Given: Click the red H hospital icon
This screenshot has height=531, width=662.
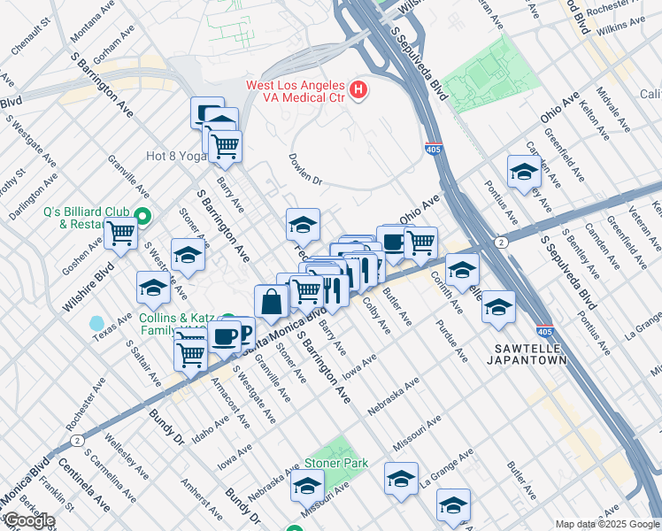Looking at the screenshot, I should click(x=358, y=89).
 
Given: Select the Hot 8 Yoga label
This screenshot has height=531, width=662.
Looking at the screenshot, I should click(x=175, y=156).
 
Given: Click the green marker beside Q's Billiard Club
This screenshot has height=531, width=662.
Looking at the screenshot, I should click(x=142, y=215).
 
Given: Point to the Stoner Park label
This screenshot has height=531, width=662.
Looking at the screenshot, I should click(x=335, y=463).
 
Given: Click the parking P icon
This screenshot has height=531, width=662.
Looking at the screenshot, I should click(x=245, y=331).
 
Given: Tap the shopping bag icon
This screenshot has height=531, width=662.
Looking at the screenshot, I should click(x=271, y=301).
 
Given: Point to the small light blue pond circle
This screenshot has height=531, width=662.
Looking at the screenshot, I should click(x=96, y=323).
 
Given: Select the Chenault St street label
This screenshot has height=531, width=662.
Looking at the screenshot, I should click(x=29, y=40).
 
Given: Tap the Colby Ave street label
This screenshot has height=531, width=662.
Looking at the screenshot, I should click(x=376, y=316).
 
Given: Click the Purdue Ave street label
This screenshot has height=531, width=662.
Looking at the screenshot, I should click(x=450, y=341).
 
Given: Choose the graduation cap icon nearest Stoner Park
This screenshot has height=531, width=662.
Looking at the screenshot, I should click(x=307, y=485).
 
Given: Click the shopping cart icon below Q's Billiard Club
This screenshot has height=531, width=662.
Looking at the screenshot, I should click(x=120, y=235).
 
